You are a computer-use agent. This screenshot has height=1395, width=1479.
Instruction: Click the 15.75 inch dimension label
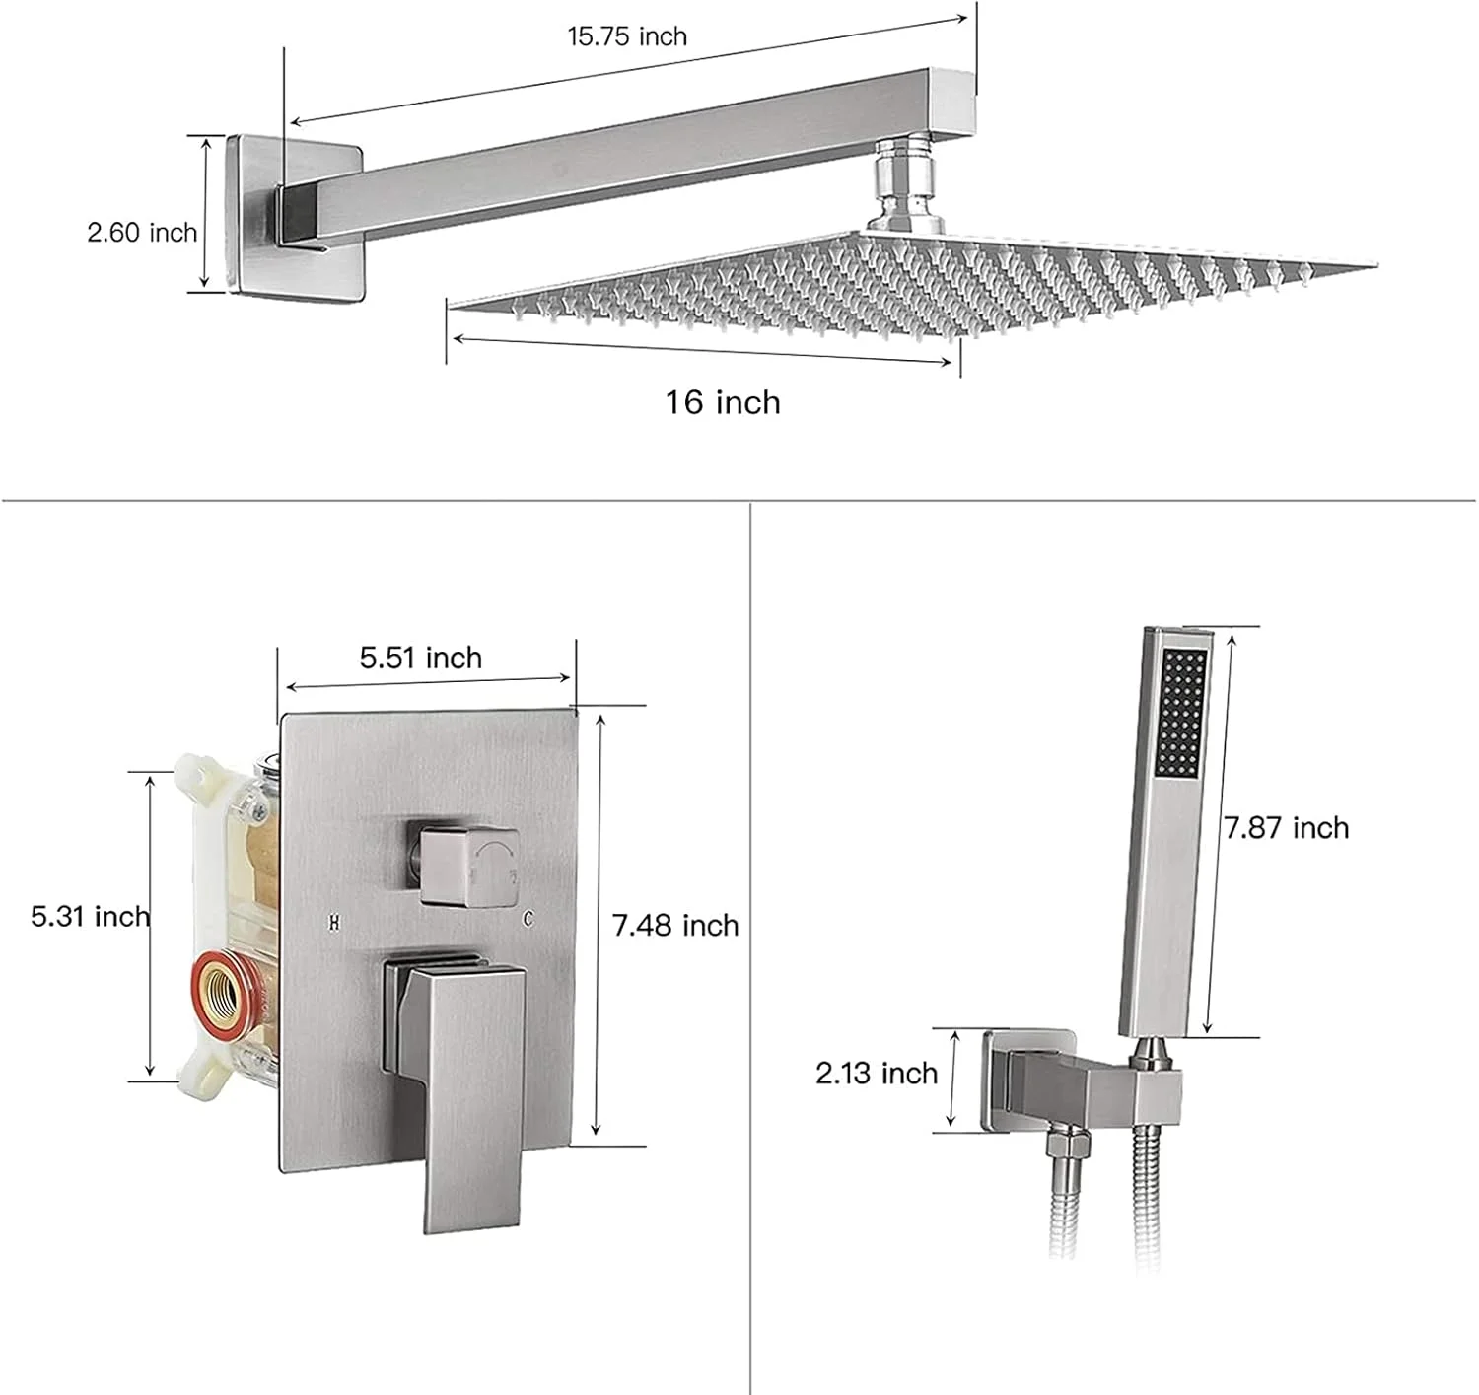pyautogui.click(x=627, y=36)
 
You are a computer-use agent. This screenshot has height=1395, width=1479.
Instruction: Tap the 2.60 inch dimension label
pyautogui.click(x=142, y=233)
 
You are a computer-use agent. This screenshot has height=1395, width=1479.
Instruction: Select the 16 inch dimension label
pyautogui.click(x=723, y=403)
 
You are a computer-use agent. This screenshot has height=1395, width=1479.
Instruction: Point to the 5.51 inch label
pyautogui.click(x=421, y=658)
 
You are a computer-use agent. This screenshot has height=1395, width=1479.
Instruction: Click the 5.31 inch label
pyautogui.click(x=90, y=916)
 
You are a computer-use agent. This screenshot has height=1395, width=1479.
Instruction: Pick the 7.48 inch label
pyautogui.click(x=675, y=925)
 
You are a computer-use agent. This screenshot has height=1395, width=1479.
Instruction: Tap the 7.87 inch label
pyautogui.click(x=1286, y=828)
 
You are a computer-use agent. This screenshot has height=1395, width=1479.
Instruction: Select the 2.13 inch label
pyautogui.click(x=877, y=1074)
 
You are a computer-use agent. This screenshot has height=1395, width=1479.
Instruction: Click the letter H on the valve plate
pyautogui.click(x=334, y=923)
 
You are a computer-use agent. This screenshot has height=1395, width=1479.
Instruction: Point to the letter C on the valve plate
pyautogui.click(x=528, y=919)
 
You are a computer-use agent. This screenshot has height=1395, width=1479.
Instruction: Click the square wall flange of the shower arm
pyautogui.click(x=296, y=220)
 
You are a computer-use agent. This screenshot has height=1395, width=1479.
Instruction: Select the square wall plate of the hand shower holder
pyautogui.click(x=1027, y=1082)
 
